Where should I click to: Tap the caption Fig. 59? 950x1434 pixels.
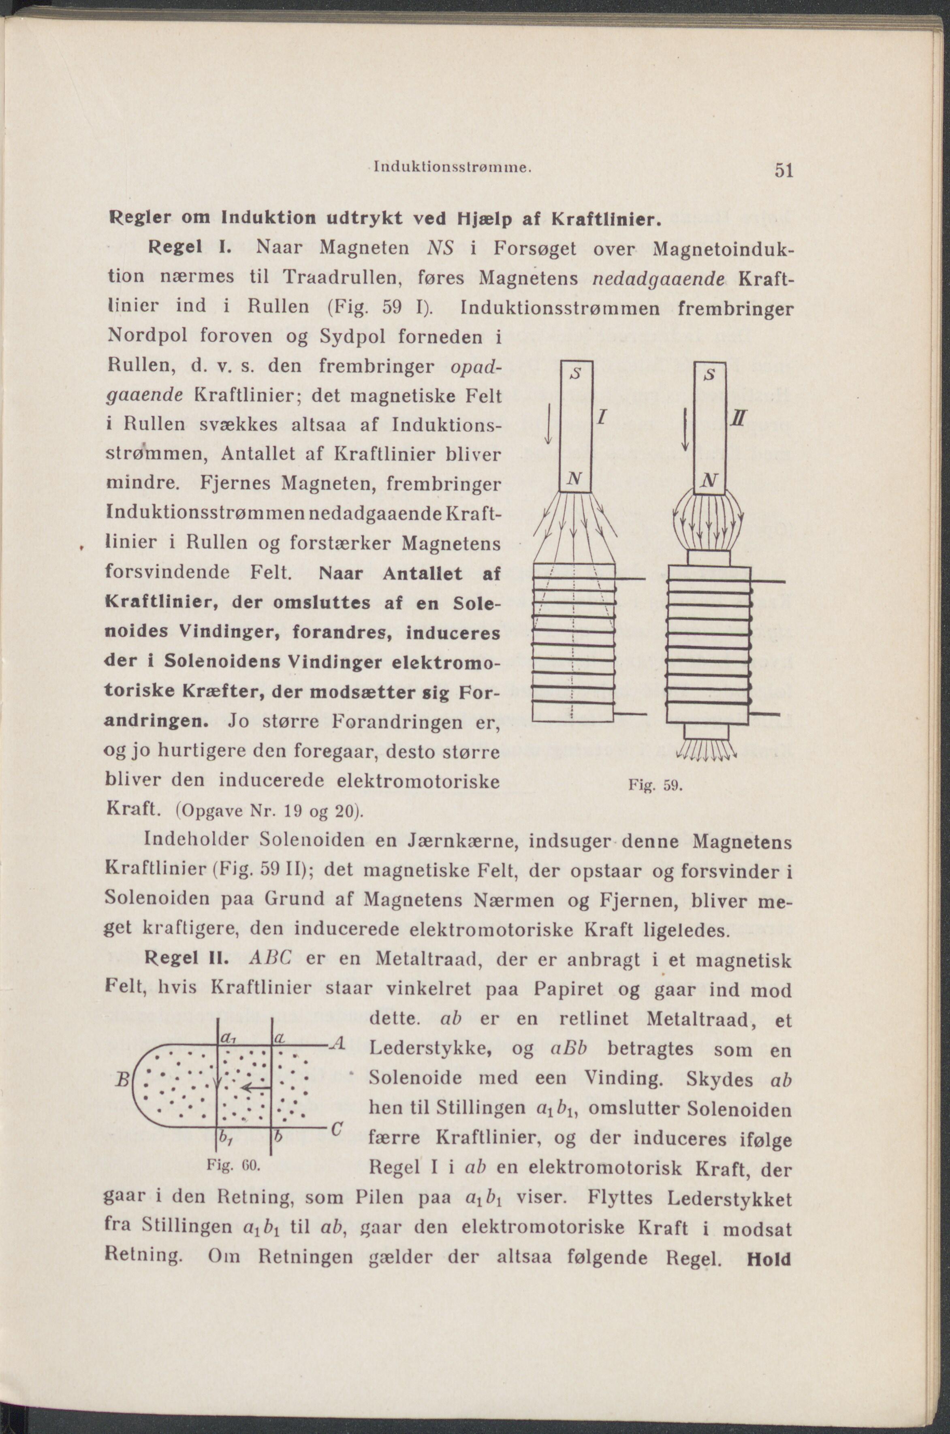tap(665, 787)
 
